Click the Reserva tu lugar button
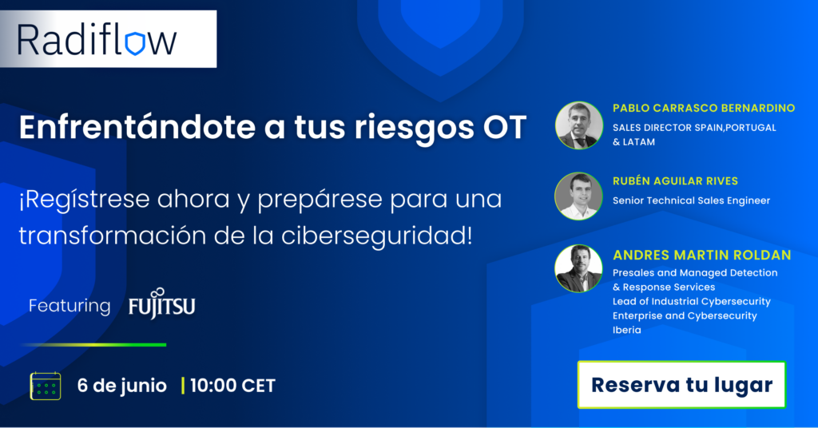tap(681, 385)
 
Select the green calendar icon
tap(45, 386)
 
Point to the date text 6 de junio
tap(122, 386)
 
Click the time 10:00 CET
tap(232, 386)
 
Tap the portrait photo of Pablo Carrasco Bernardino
tap(578, 125)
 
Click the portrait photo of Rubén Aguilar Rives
tap(578, 196)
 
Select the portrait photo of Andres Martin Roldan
tap(578, 268)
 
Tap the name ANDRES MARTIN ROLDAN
tap(701, 256)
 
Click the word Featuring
tap(69, 306)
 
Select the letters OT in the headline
tap(501, 127)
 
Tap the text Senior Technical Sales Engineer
tap(691, 200)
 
